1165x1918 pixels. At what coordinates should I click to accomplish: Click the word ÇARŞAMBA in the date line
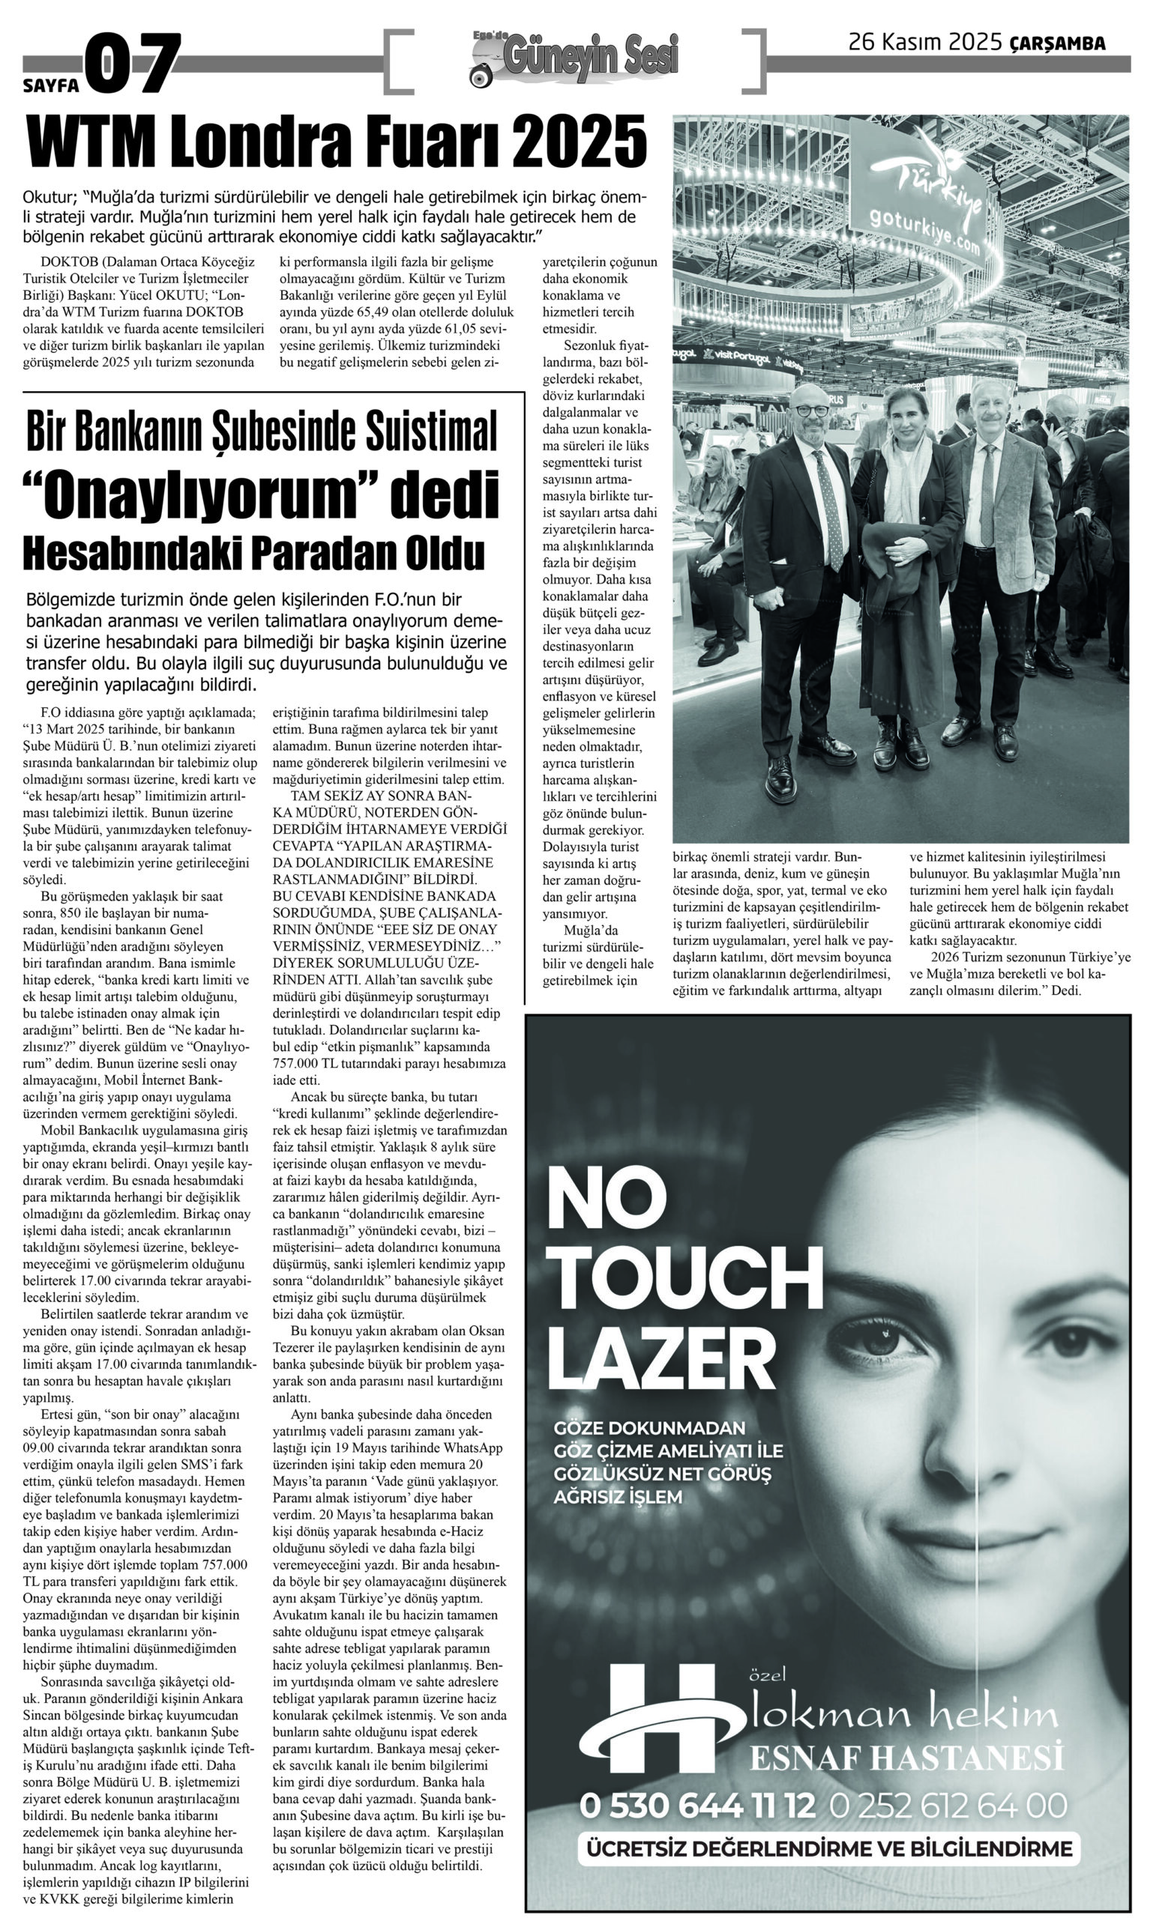[1057, 43]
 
